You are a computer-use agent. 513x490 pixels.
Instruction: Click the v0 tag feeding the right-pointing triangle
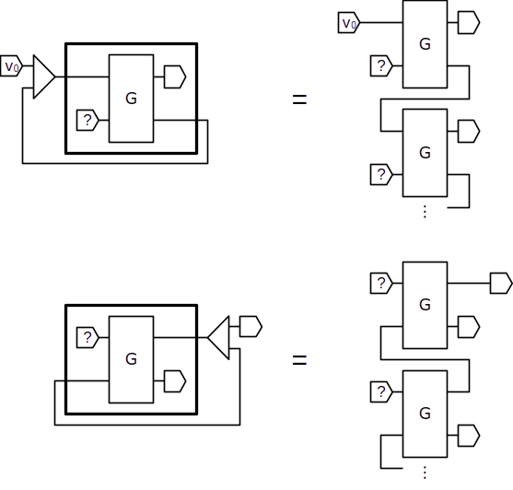(11, 66)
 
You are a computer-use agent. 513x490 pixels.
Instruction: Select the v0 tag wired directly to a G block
(349, 23)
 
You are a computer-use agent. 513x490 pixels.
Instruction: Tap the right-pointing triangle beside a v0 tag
(44, 76)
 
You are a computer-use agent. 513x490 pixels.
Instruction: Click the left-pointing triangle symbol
(218, 338)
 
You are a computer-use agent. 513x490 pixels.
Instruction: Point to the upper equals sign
(299, 99)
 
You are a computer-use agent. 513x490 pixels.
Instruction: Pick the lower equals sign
(299, 360)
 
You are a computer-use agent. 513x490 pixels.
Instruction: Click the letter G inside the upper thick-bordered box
(131, 99)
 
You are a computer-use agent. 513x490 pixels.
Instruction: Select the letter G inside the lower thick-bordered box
(131, 359)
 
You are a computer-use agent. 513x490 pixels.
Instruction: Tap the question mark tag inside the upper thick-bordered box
(87, 121)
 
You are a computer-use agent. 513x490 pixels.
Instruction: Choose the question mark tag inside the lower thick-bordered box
(87, 337)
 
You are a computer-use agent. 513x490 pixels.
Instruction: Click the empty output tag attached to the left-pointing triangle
(251, 326)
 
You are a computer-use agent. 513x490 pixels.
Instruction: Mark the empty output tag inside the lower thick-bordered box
(175, 381)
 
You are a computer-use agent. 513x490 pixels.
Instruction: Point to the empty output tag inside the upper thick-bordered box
(175, 76)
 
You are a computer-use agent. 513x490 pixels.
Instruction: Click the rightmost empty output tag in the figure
(501, 283)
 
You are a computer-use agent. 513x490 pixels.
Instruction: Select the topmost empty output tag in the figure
(469, 23)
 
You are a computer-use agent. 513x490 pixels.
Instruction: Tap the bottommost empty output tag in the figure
(469, 436)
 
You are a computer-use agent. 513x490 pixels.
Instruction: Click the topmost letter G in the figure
(425, 44)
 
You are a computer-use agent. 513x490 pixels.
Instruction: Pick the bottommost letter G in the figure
(425, 414)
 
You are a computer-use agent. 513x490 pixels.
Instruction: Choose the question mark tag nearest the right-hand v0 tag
(381, 66)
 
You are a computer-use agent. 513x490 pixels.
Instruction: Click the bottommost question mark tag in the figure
(381, 391)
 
